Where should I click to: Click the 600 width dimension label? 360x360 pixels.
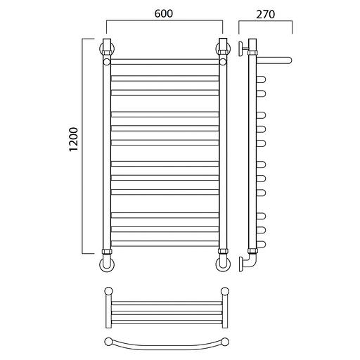point(164,13)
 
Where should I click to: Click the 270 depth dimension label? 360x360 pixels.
point(265,14)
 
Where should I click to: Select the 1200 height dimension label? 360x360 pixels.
point(74,139)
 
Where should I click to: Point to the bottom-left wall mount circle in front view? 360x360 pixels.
point(107,264)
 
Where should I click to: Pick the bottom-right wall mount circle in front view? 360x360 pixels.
point(223,264)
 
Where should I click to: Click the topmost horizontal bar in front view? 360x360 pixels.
point(165,62)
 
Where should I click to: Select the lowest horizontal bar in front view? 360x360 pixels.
point(165,243)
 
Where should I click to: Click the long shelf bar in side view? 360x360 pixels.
point(274,60)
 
